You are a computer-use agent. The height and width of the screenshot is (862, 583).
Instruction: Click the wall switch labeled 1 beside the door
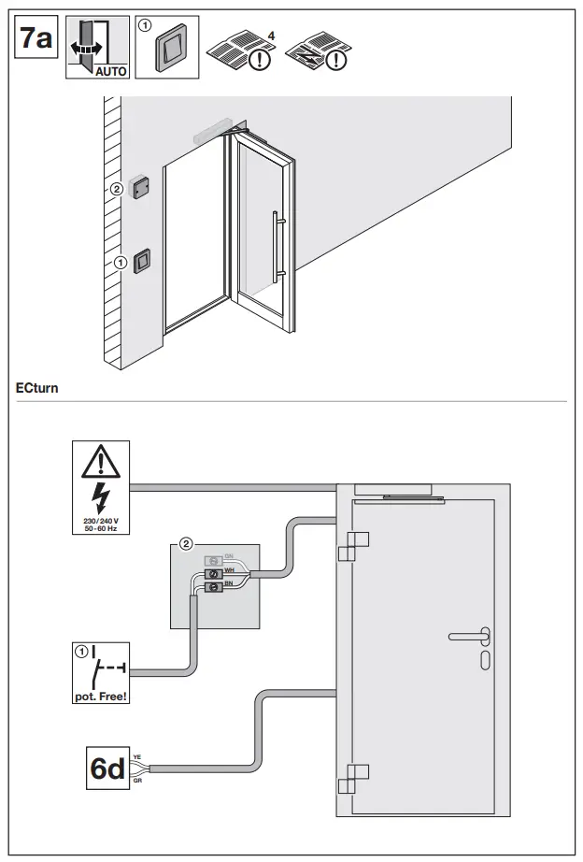coord(142,261)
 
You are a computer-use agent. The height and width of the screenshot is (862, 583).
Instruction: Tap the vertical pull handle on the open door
coord(275,246)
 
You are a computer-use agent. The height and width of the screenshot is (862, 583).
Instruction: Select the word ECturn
coord(37,386)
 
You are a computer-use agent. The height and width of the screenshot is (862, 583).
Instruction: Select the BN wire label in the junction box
coord(228,582)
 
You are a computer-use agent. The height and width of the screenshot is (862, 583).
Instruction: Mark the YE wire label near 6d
coord(137,757)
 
